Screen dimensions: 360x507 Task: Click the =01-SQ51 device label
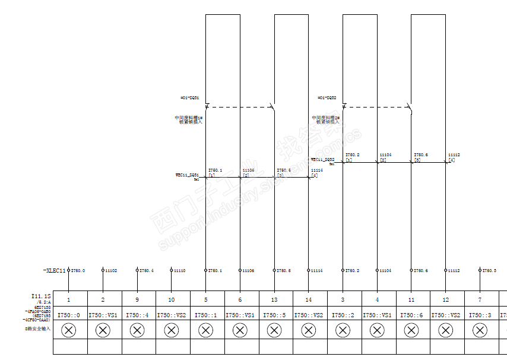(x=189, y=97)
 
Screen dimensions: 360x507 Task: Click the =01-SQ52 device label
(x=327, y=97)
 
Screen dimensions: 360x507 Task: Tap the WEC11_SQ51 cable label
(x=187, y=175)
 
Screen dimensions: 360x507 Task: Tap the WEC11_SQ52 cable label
(x=322, y=160)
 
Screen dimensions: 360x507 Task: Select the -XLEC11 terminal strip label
(x=54, y=271)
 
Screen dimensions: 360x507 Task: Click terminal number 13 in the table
(x=274, y=300)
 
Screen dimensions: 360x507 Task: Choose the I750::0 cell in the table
(x=70, y=315)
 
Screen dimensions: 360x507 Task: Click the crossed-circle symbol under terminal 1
(x=69, y=330)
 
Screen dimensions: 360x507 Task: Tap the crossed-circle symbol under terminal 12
(x=445, y=330)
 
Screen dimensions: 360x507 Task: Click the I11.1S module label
(x=41, y=295)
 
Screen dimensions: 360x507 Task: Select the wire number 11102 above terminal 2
(x=111, y=271)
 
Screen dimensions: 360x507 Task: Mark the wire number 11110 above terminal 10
(x=179, y=271)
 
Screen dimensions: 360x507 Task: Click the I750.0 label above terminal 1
(x=78, y=271)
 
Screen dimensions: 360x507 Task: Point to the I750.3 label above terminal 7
(x=489, y=271)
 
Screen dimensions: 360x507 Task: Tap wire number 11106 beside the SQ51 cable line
(x=248, y=170)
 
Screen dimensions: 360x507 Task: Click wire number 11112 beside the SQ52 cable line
(x=454, y=154)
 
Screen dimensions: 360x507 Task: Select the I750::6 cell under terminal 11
(x=411, y=315)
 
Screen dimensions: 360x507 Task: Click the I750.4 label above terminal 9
(x=146, y=271)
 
